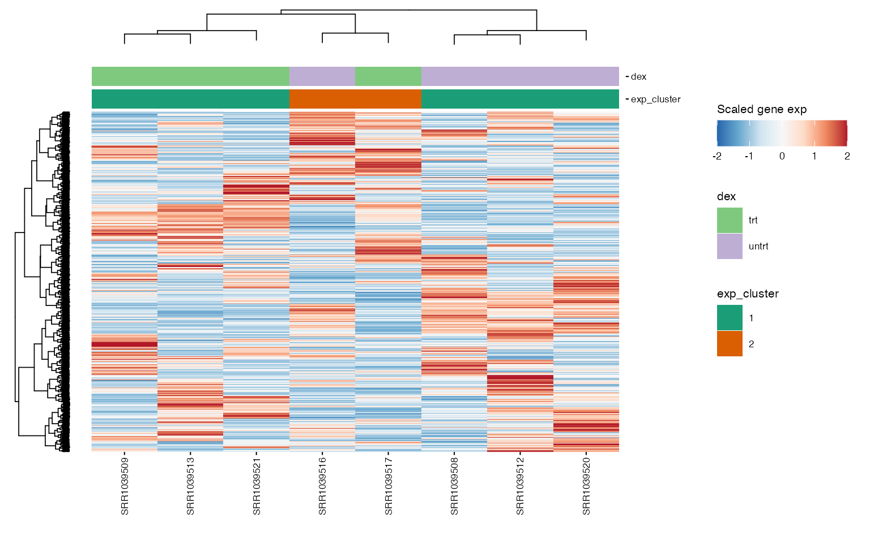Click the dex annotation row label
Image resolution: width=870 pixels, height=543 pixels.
coord(638,77)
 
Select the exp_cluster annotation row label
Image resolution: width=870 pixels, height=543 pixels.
coord(655,100)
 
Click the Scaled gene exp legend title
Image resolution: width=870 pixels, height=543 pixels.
coord(761,109)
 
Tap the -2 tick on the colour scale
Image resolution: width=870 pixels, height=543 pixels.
coord(717,156)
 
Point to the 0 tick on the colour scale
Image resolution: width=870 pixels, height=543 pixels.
coord(782,156)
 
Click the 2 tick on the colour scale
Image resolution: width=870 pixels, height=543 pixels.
coord(847,156)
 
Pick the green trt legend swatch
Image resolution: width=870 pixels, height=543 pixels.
coord(730,220)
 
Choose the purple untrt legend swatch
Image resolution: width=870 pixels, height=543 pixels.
coord(730,246)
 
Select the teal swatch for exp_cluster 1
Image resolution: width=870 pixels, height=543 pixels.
coord(730,318)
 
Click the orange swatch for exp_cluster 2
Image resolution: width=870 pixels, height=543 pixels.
coord(730,344)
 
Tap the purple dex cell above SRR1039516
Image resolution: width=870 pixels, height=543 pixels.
coord(322,76)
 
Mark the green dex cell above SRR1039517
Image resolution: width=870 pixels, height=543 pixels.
coord(389,76)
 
